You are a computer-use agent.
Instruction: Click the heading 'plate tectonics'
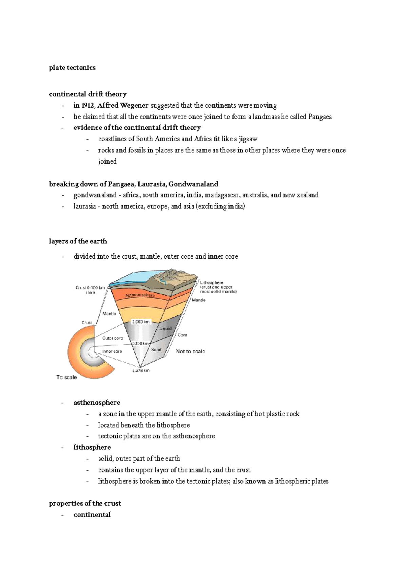coord(72,68)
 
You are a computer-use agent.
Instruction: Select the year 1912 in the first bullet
coord(88,106)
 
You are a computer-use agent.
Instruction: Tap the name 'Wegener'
coord(134,106)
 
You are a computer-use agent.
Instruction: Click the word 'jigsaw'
coord(248,139)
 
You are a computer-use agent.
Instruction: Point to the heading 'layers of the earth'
coord(78,241)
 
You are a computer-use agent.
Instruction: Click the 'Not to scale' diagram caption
coord(190,351)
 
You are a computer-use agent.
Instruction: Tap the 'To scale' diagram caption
coord(66,377)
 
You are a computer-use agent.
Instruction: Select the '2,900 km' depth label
coord(141,321)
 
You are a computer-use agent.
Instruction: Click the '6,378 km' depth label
coord(141,370)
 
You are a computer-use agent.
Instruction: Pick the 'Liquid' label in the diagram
coord(166,328)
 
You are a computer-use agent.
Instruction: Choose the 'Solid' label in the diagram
coord(156,349)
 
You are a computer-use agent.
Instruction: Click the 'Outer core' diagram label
coord(113,338)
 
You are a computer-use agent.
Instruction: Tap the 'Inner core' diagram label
coord(112,351)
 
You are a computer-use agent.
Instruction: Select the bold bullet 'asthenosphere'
coord(97,403)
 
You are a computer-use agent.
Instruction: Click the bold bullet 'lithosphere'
coord(92,447)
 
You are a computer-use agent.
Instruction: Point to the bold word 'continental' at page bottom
coord(92,515)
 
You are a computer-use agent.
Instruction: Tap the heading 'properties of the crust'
coord(85,503)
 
